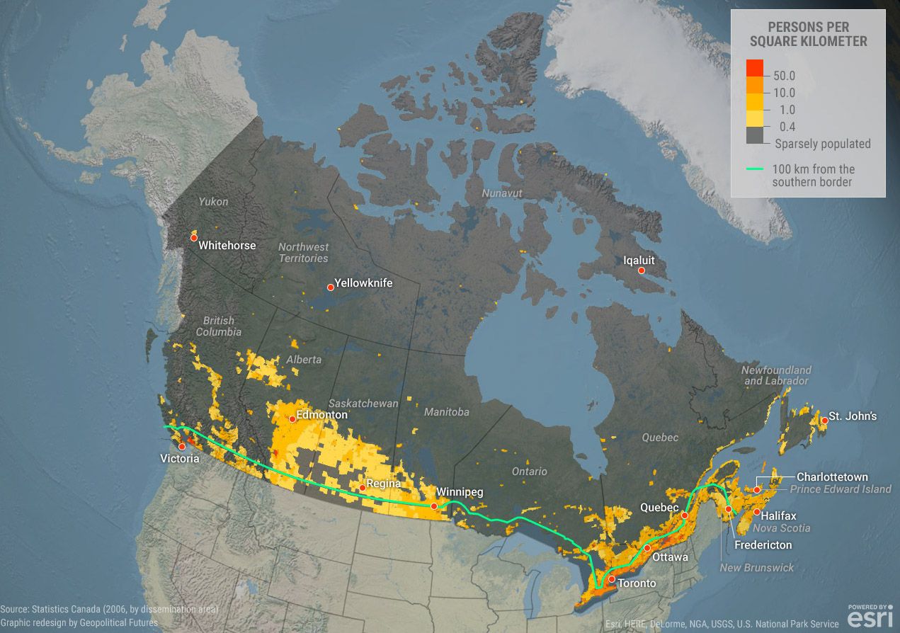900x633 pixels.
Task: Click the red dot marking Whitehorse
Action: (x=193, y=239)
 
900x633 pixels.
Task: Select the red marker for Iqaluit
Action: (x=641, y=270)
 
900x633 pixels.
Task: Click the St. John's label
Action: (x=853, y=416)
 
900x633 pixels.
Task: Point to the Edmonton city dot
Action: (x=292, y=419)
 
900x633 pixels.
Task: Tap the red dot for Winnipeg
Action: (x=434, y=506)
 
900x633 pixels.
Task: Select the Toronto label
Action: (x=637, y=583)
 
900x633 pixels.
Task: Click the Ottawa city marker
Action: (x=647, y=548)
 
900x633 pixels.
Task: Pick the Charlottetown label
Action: (x=832, y=477)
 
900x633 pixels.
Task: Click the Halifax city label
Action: (x=779, y=515)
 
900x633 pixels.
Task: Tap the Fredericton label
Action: (x=763, y=544)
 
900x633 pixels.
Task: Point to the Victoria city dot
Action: (x=182, y=446)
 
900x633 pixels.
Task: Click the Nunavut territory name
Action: (x=501, y=193)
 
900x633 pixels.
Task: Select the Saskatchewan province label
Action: (x=363, y=403)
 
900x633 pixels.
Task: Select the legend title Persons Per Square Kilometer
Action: (x=808, y=34)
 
